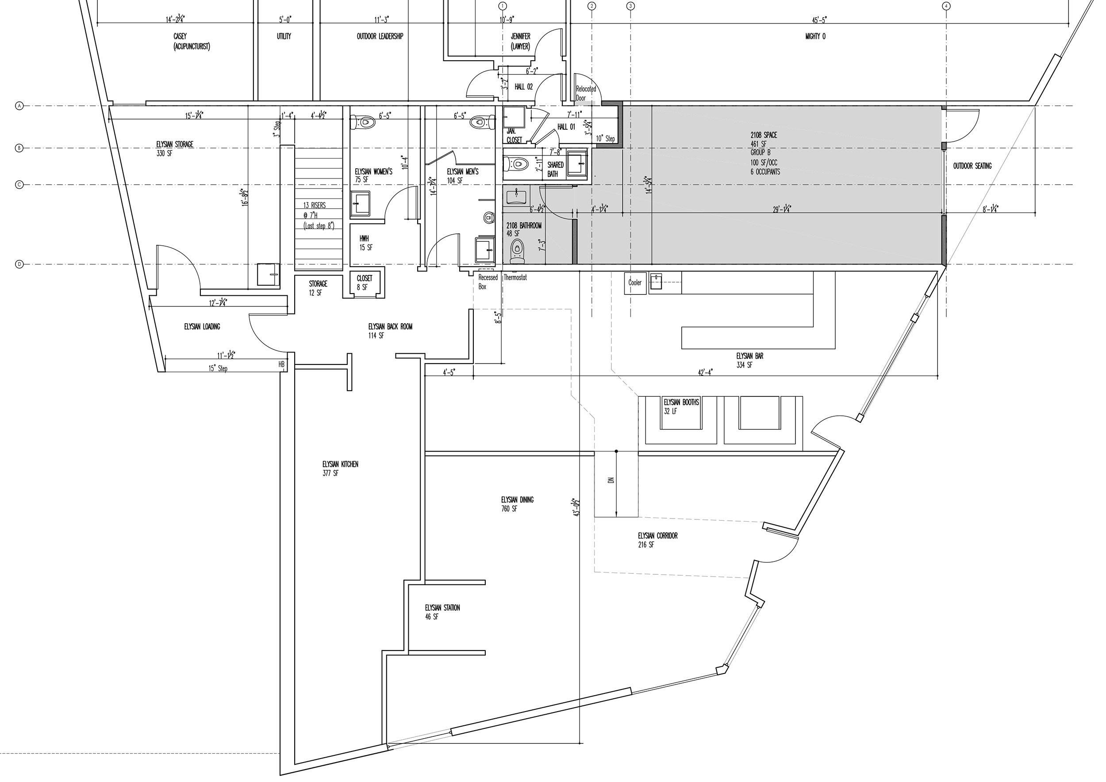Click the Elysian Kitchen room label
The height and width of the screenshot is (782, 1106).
coord(340,468)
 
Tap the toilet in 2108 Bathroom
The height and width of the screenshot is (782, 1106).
coord(517,252)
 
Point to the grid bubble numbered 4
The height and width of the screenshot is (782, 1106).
coord(946,6)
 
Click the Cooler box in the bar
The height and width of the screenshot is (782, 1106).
coord(634,283)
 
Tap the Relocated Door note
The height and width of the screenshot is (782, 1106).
coord(585,93)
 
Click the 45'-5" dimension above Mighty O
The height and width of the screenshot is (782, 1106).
coord(819,20)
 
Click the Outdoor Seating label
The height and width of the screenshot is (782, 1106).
coord(972,166)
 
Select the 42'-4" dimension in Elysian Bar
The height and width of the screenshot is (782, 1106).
coord(705,372)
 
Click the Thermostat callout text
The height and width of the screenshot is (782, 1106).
coord(515,278)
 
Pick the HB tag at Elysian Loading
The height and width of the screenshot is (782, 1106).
coord(281,365)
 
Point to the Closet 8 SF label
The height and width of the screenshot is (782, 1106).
coord(364,283)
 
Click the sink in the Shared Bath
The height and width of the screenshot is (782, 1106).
coord(576,162)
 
